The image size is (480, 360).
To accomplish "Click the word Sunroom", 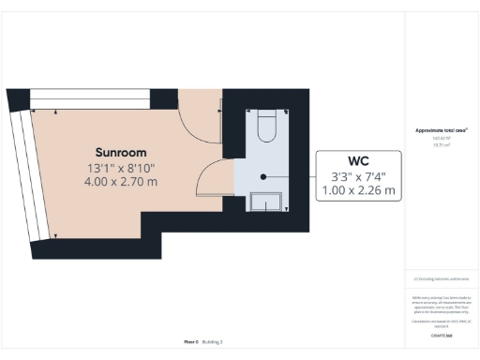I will pyautogui.click(x=120, y=152).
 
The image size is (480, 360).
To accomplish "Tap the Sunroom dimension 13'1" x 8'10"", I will pyautogui.click(x=120, y=168).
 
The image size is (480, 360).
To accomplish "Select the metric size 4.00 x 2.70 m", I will pyautogui.click(x=120, y=181).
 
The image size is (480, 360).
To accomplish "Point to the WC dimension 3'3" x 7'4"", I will pyautogui.click(x=361, y=176).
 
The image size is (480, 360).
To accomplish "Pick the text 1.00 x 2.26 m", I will pyautogui.click(x=361, y=190).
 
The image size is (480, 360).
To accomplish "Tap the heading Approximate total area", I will pyautogui.click(x=442, y=130).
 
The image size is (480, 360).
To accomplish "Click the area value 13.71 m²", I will pyautogui.click(x=442, y=145).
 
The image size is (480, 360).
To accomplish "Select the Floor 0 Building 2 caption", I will pyautogui.click(x=202, y=342).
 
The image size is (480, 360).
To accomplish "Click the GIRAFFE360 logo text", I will pyautogui.click(x=442, y=335).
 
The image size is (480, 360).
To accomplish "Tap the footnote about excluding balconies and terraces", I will pyautogui.click(x=442, y=278).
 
